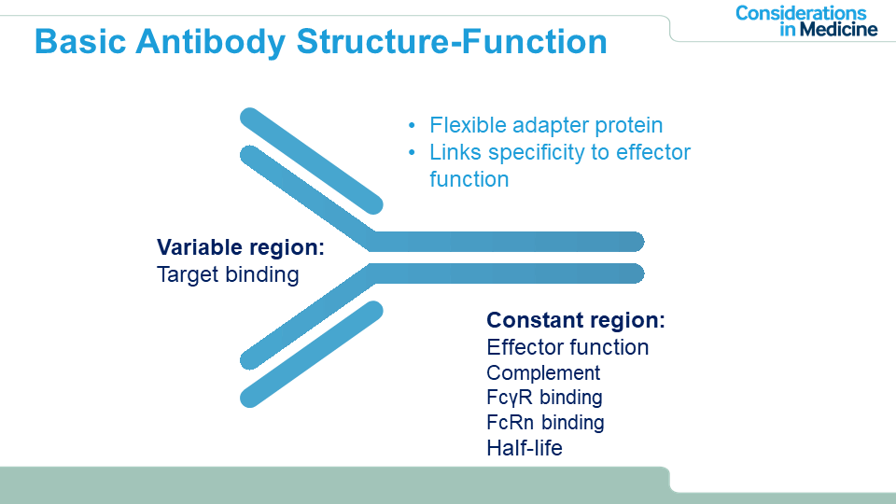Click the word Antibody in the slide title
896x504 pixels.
tap(203, 42)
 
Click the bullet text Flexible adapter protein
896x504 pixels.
tap(546, 125)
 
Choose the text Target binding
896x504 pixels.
tap(228, 274)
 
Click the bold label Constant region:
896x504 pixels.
tap(576, 320)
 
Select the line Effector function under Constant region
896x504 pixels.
tap(567, 347)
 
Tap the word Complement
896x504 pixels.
tap(543, 373)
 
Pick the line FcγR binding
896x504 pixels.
tap(544, 398)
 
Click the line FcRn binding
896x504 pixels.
tap(545, 423)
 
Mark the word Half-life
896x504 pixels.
tap(525, 448)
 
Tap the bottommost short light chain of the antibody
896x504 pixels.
tap(312, 354)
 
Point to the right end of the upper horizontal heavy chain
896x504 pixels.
tap(633, 242)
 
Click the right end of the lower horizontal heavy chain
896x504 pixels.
tap(633, 273)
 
